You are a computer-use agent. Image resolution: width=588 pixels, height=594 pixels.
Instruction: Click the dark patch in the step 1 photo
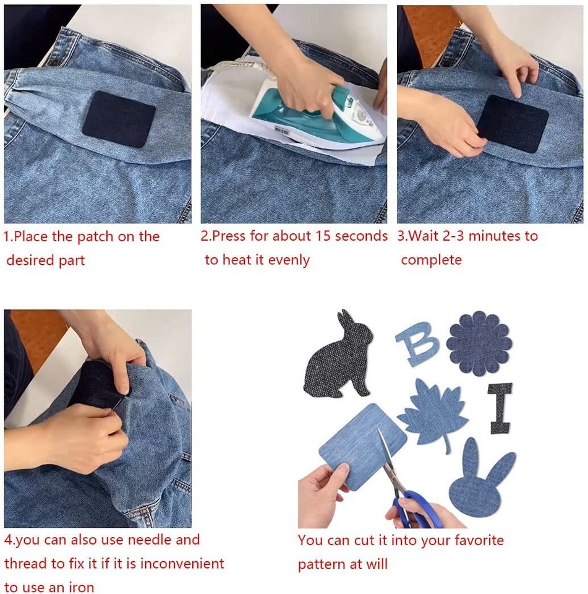point(119,119)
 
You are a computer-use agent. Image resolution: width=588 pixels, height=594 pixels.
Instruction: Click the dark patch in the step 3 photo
point(508,124)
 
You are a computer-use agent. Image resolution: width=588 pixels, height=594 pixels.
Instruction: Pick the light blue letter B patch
point(417,344)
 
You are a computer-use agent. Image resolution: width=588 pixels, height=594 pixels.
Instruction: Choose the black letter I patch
point(500,408)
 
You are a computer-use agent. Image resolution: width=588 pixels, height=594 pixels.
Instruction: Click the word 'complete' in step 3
point(431,260)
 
